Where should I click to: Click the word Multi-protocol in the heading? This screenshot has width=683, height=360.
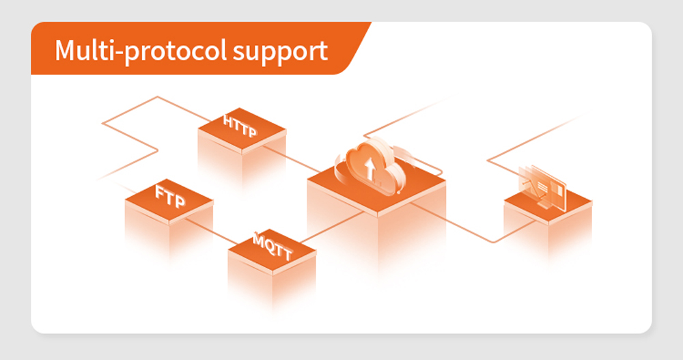(x=141, y=51)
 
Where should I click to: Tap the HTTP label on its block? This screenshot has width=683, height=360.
(x=240, y=126)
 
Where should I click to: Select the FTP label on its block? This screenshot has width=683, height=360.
(x=170, y=196)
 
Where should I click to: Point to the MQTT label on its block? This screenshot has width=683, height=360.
(x=273, y=247)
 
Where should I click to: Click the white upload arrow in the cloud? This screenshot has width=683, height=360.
(x=370, y=168)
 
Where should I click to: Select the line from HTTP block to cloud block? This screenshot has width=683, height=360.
(x=291, y=158)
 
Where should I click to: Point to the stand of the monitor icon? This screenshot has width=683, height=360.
(x=543, y=204)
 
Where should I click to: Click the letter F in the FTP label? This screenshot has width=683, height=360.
(x=161, y=192)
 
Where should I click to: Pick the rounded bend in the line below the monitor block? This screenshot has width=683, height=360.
(x=492, y=242)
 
